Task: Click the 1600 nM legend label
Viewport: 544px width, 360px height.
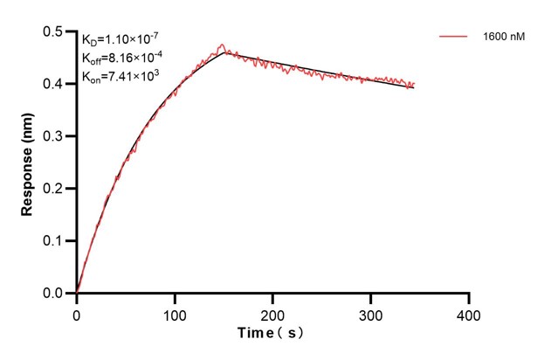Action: (502, 38)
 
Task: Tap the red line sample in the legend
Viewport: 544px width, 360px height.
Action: (455, 38)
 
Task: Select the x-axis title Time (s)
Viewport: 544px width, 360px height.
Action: (272, 333)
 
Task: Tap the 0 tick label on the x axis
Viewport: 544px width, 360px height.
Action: (77, 312)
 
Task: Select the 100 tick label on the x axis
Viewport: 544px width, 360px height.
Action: (175, 312)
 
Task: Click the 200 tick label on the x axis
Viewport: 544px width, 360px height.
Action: (273, 312)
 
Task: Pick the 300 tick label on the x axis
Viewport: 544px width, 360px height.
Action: (371, 312)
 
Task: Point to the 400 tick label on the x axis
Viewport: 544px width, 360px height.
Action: (469, 312)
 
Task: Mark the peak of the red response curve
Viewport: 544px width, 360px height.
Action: (223, 45)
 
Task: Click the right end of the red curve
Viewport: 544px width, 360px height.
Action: (414, 84)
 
